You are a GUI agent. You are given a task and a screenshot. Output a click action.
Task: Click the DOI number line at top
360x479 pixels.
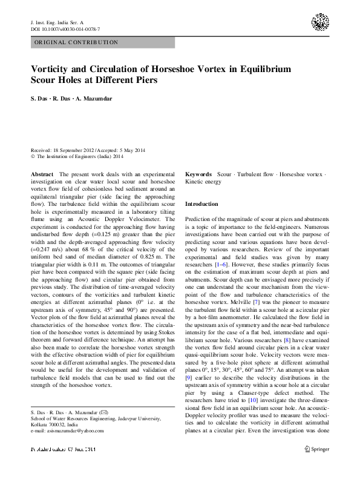click(65, 28)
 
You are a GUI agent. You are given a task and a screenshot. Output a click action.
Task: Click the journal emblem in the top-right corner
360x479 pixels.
click(320, 23)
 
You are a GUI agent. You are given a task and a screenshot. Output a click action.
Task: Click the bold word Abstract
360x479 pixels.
click(42, 174)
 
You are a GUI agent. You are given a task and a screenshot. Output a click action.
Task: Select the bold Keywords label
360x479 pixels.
click(198, 174)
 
